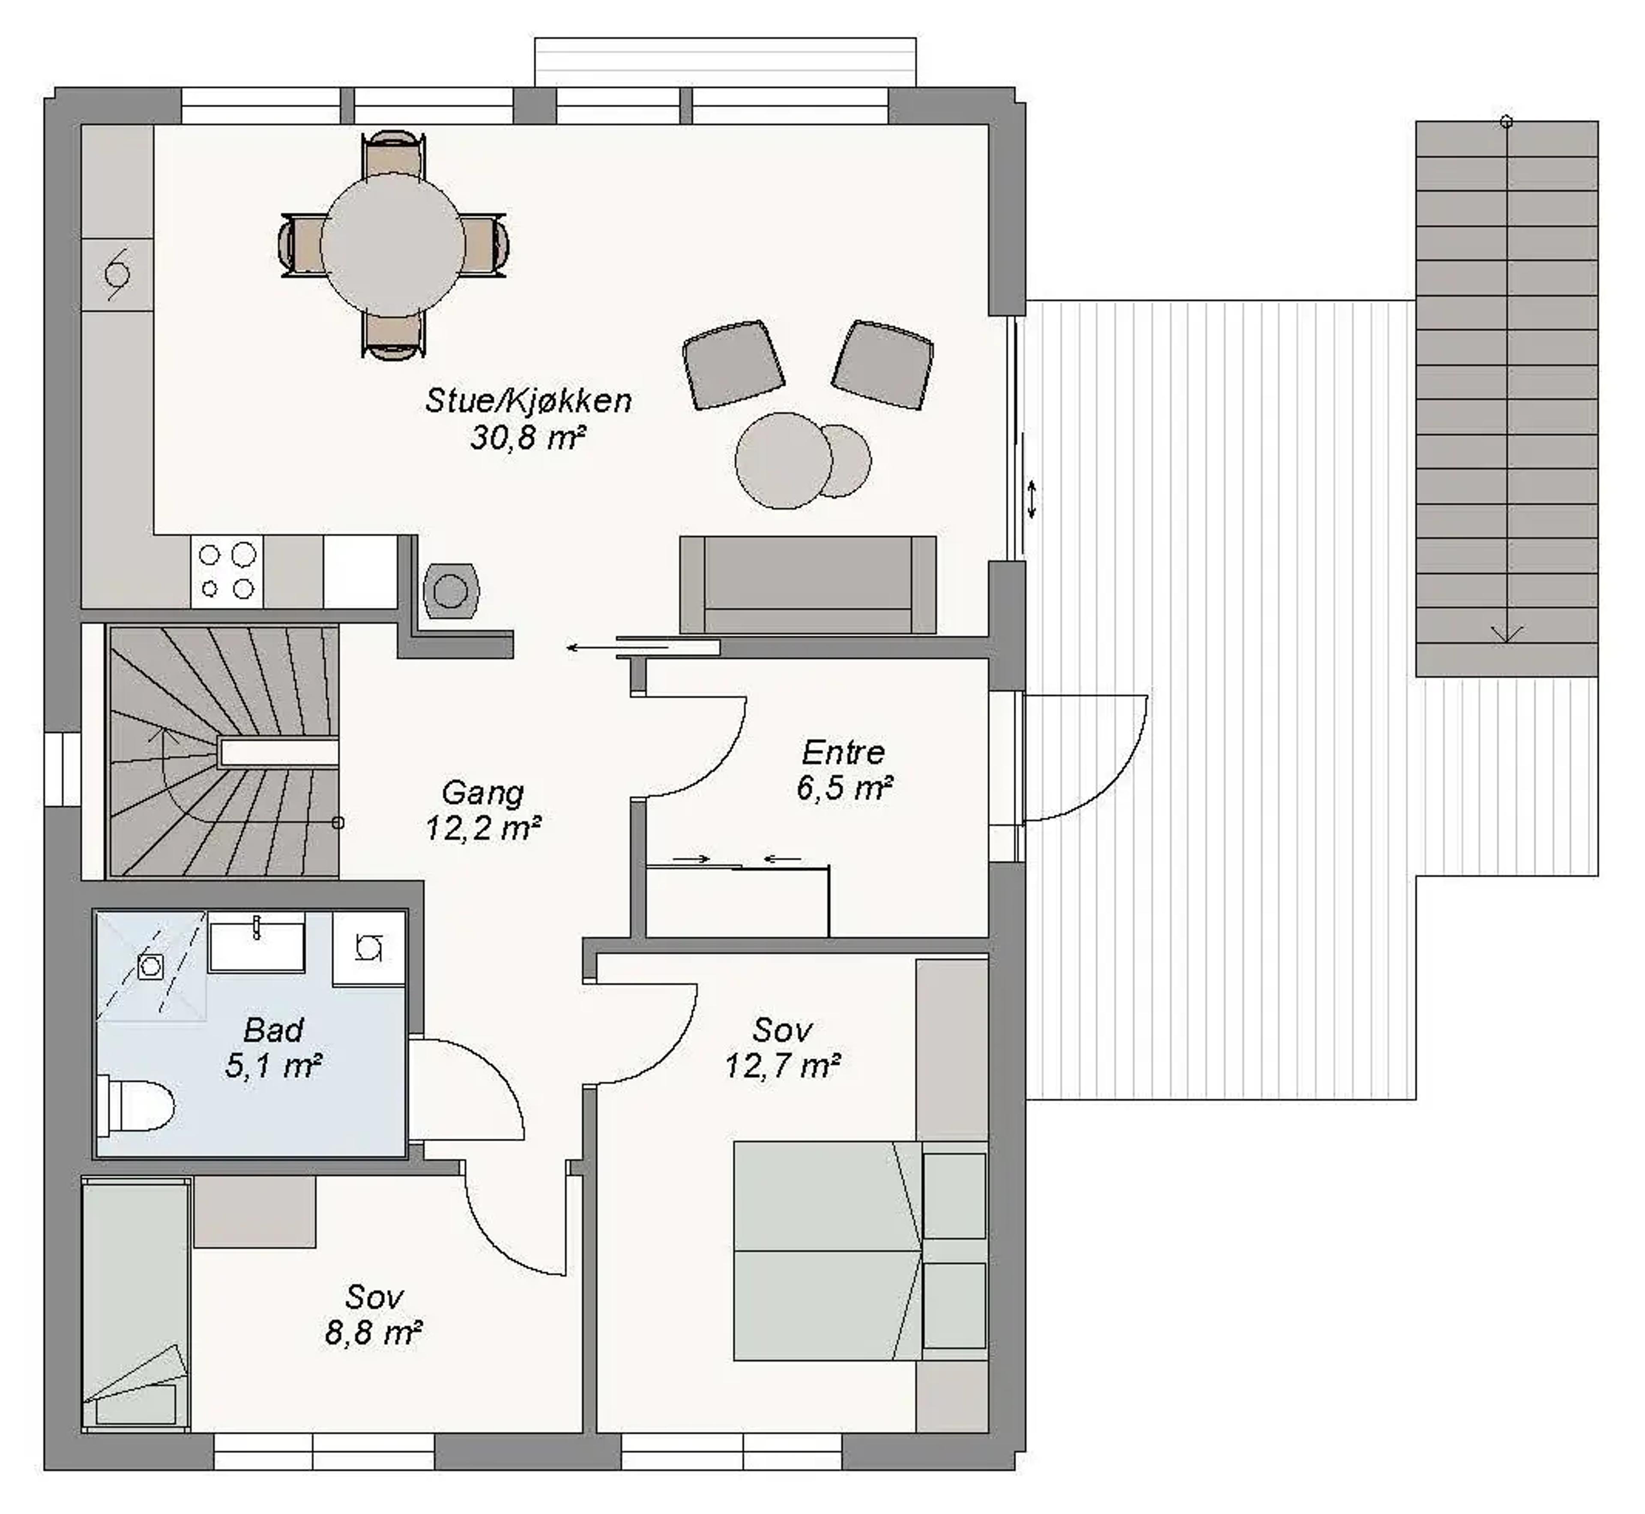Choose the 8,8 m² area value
pyautogui.click(x=374, y=1333)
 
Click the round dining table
pyautogui.click(x=393, y=245)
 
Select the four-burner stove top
pyautogui.click(x=227, y=572)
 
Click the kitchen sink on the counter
pyautogui.click(x=117, y=275)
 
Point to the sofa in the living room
pyautogui.click(x=808, y=585)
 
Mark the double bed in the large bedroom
pyautogui.click(x=860, y=1251)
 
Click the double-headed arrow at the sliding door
pyautogui.click(x=1032, y=499)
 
